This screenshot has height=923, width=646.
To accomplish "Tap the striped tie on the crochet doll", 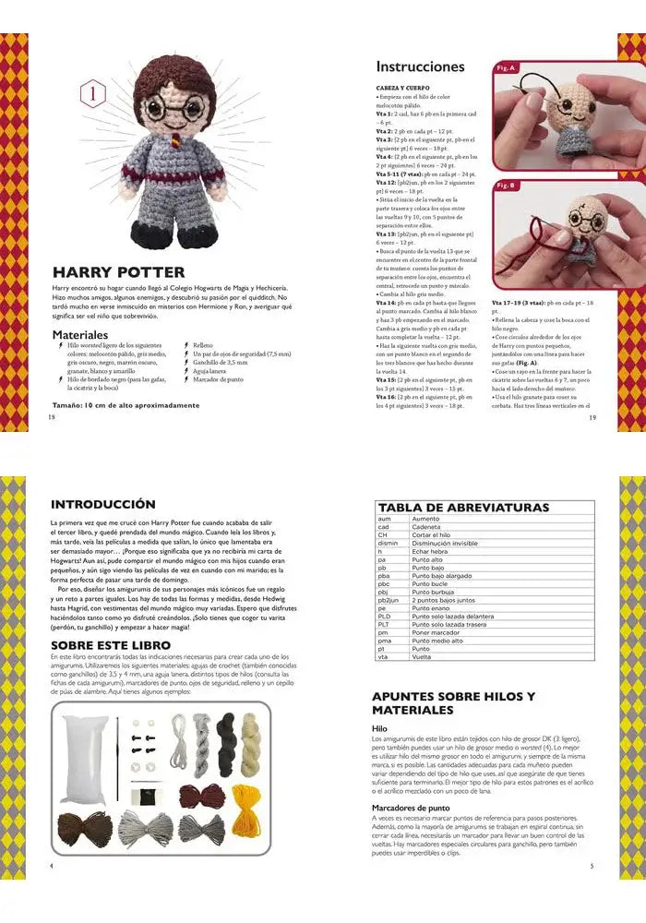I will coord(168,144).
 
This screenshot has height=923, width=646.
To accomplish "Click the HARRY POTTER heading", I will coord(118,272).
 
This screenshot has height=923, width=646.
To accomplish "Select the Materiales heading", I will coord(80,334).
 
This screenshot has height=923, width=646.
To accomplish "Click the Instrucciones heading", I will coord(420,66).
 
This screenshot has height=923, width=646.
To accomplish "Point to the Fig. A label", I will coord(506,67).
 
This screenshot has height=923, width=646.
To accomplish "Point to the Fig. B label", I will coord(506,186).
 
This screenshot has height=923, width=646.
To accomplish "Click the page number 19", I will coord(592,417).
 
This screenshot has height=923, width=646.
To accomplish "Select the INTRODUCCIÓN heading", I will coord(102,505).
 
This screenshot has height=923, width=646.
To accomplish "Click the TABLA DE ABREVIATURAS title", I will coord(462,508).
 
